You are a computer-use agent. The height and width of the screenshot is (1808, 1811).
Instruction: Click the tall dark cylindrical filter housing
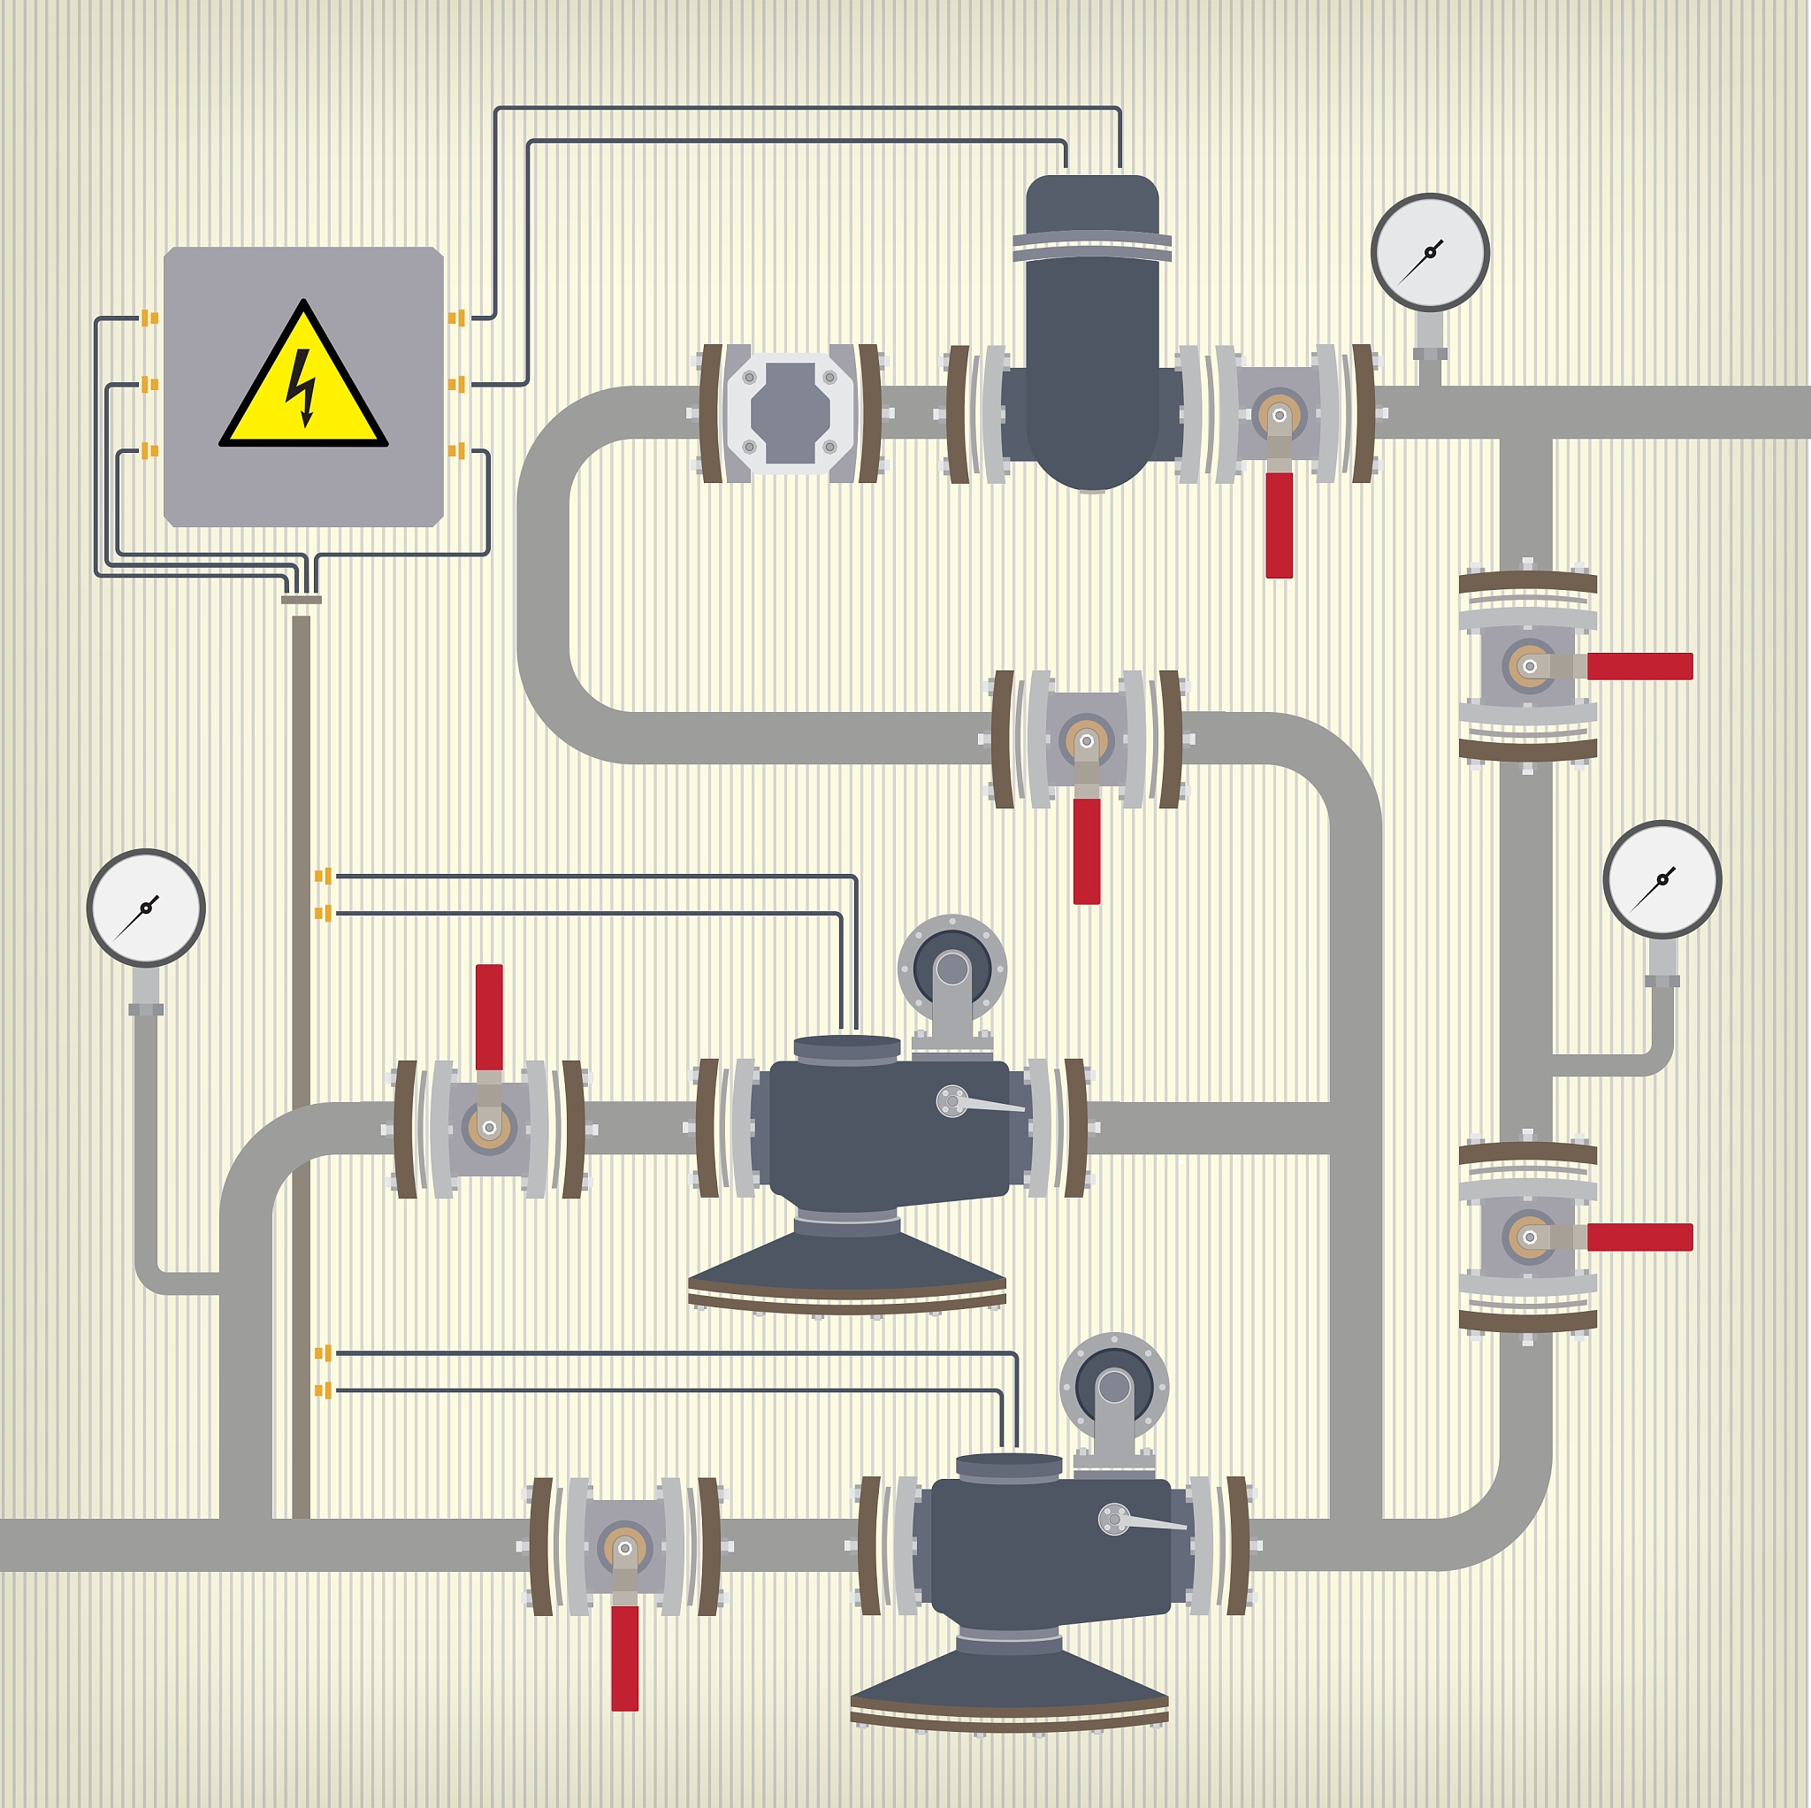pos(1092,328)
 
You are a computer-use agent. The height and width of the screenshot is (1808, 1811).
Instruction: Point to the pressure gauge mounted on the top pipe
pos(1430,252)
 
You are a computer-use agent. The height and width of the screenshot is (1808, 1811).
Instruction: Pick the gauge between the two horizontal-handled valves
pos(1662,879)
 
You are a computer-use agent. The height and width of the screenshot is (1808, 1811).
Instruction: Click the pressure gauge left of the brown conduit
pos(146,908)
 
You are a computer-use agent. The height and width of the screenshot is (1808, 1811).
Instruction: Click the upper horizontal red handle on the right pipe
pos(1639,666)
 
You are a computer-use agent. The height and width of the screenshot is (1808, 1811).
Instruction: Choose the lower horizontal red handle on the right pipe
pos(1639,1237)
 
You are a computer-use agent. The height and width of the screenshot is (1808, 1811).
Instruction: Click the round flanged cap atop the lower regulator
pos(1113,1387)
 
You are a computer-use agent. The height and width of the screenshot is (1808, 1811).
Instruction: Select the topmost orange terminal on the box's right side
pos(456,318)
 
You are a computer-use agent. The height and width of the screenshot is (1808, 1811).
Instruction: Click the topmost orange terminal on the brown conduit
pos(324,876)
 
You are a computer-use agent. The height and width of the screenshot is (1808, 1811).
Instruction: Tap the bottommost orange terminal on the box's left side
pos(149,451)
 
